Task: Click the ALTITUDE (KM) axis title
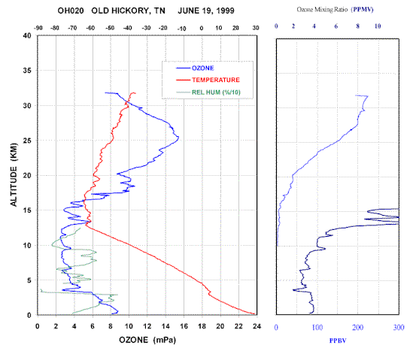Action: (x=14, y=174)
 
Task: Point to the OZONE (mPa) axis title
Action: (x=147, y=340)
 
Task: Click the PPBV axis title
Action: (x=338, y=340)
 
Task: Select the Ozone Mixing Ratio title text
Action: (x=322, y=10)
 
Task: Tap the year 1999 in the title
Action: (x=225, y=11)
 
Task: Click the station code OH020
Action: (x=71, y=11)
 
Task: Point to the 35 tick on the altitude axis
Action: (x=27, y=71)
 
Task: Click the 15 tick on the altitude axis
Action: (x=27, y=210)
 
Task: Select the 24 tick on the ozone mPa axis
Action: (x=257, y=326)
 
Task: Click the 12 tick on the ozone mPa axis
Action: (x=147, y=326)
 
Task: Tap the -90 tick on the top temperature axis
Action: (x=38, y=28)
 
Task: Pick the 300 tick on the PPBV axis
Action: (x=399, y=328)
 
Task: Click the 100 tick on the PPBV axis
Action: (x=317, y=328)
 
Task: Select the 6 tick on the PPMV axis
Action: (x=336, y=26)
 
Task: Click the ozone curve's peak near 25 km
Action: (x=178, y=138)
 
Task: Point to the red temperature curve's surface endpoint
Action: (x=255, y=314)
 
